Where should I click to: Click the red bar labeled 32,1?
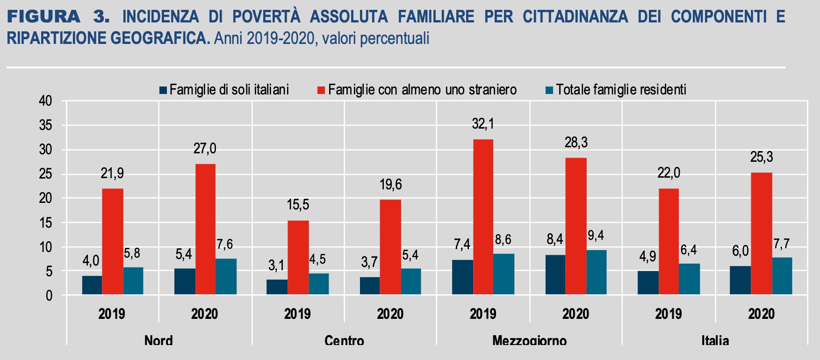click(483, 217)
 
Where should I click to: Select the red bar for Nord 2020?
click(205, 229)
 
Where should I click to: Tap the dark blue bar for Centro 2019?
click(277, 287)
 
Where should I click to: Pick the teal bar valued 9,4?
click(597, 272)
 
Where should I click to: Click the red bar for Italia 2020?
click(761, 233)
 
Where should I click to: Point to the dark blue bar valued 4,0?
click(92, 285)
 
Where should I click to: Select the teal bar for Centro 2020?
click(410, 281)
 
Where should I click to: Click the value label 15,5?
click(298, 205)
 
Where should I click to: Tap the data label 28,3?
click(576, 143)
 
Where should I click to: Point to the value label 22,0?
click(669, 173)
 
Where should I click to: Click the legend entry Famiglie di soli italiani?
click(229, 90)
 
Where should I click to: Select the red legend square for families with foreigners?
click(321, 90)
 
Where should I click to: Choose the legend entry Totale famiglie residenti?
click(621, 90)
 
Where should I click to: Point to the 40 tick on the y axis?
click(45, 101)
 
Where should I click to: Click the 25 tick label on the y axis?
click(45, 174)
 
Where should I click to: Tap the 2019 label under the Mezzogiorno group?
click(483, 314)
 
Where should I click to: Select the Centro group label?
click(344, 340)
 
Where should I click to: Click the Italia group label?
click(715, 340)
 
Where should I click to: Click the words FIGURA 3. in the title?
click(58, 17)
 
